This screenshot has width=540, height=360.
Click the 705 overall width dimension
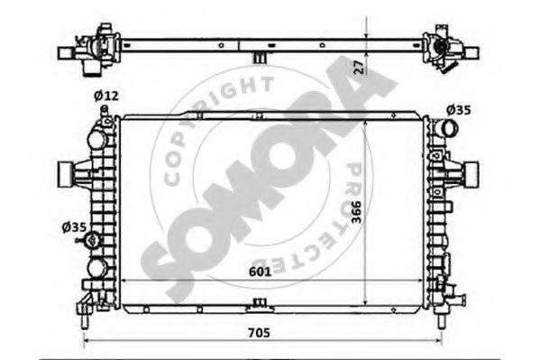259,333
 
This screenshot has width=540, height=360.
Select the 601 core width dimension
260,272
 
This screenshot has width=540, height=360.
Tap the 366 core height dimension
357,212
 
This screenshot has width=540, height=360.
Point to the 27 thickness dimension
359,68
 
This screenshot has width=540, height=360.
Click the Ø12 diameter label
106,96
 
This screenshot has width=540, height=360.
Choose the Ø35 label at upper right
458,110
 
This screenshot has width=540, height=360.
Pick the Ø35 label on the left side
74,227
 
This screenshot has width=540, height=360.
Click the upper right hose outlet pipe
445,129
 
